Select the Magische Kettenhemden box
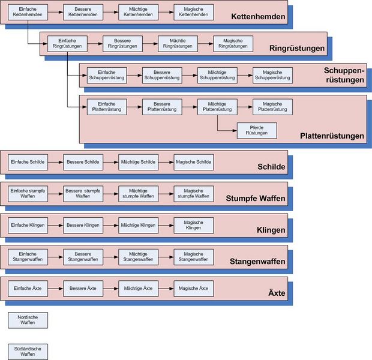point(193,12)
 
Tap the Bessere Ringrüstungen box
point(122,43)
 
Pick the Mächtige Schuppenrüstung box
point(217,75)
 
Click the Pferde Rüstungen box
point(257,130)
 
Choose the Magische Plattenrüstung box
point(272,107)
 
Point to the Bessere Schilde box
point(83,162)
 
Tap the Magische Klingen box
point(193,225)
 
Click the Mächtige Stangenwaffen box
point(138,257)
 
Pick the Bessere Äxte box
point(83,289)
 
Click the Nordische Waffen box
point(28,320)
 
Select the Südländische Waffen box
point(28,352)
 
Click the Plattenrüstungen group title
point(332,136)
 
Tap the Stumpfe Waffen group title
point(256,198)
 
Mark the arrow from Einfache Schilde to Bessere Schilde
point(55,162)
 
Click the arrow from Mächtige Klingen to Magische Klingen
point(166,225)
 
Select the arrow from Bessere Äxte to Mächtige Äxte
point(110,289)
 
